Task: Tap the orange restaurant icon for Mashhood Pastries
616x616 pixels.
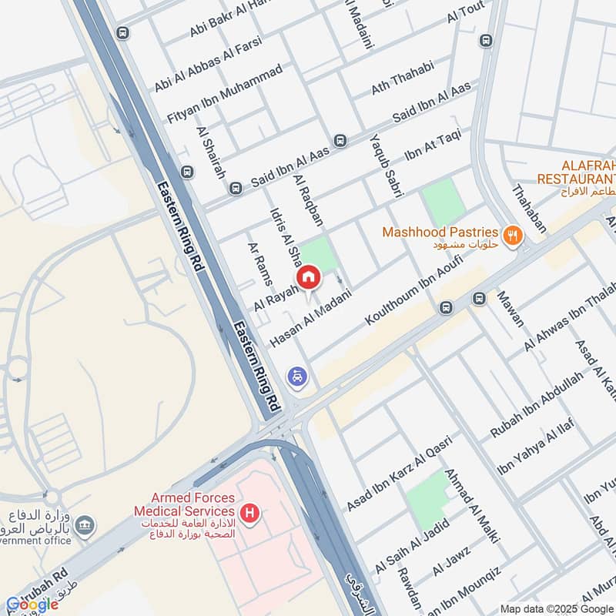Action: [x=510, y=234]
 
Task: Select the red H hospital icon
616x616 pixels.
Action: [x=249, y=512]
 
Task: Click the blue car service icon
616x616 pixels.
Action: [x=297, y=377]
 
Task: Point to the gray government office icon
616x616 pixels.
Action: [x=85, y=526]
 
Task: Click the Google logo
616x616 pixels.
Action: [x=32, y=604]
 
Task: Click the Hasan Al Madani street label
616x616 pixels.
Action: [x=311, y=317]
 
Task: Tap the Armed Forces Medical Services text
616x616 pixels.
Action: [x=183, y=505]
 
